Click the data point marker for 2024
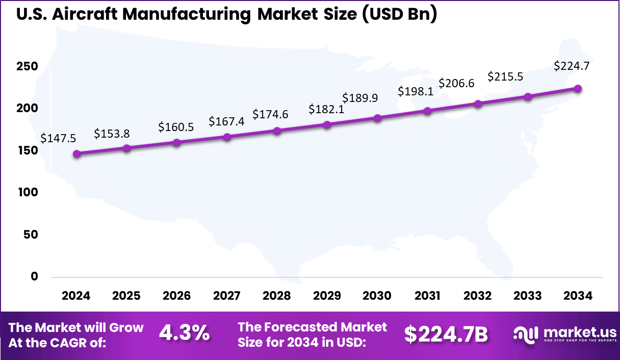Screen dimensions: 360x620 [76, 154]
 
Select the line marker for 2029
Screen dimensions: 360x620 [327, 124]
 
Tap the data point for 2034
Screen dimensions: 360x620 [578, 89]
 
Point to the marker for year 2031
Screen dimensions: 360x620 [427, 111]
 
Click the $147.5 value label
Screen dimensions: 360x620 [58, 138]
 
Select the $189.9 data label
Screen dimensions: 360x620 [360, 98]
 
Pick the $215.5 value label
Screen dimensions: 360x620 [505, 77]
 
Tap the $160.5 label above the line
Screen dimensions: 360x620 [176, 127]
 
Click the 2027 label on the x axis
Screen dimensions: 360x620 [227, 296]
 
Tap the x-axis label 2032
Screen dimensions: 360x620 [478, 296]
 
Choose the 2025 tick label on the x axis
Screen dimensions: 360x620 [126, 296]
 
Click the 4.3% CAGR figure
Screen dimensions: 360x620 [184, 334]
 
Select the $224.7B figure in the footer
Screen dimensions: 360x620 [446, 335]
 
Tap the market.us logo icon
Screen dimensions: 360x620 [525, 335]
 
